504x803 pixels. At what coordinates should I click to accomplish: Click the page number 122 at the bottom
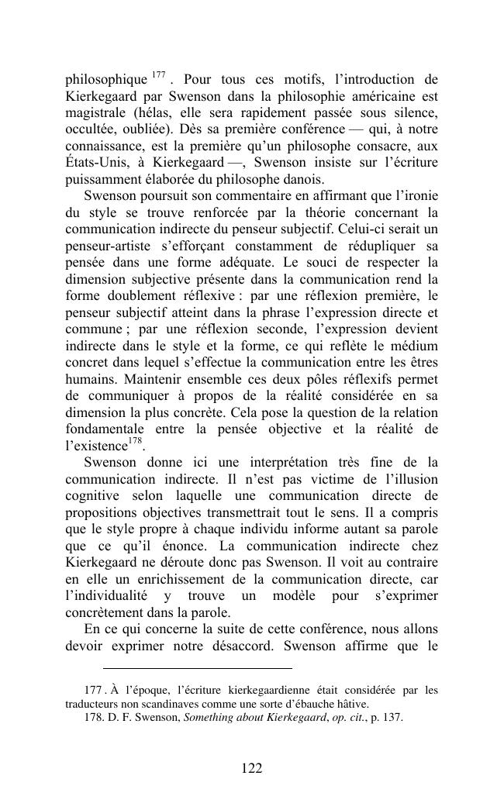(251, 768)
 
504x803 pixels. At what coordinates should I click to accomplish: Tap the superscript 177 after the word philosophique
(158, 75)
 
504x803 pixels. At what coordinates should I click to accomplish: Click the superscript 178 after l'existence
(136, 442)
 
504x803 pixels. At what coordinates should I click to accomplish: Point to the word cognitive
(92, 496)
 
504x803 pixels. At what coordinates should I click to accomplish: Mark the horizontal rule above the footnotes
(197, 668)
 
